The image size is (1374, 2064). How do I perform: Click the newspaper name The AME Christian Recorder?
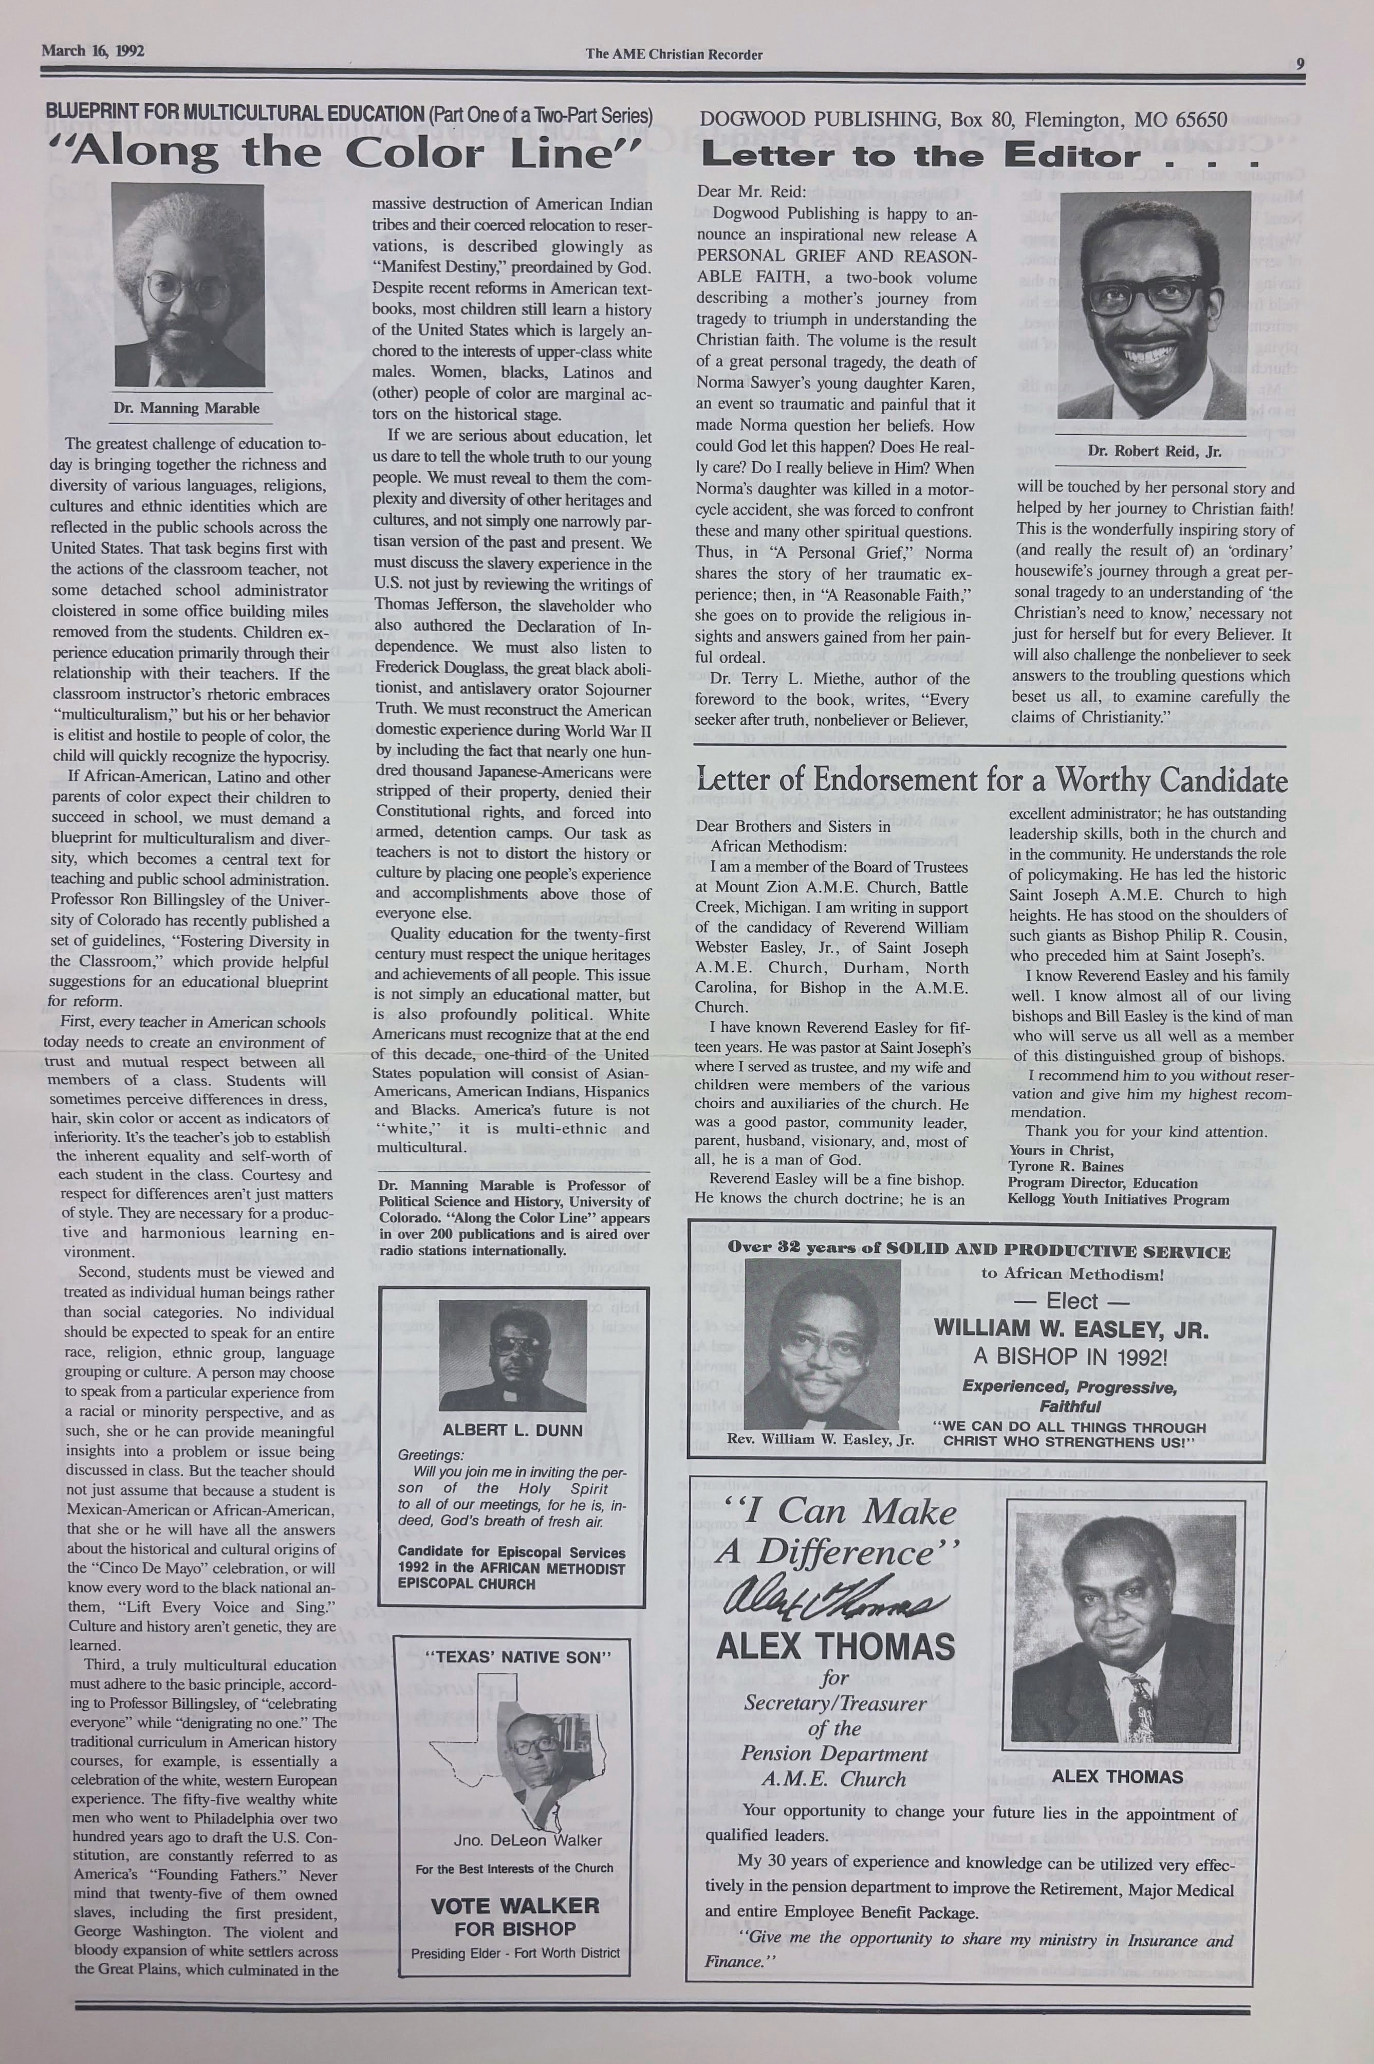click(674, 54)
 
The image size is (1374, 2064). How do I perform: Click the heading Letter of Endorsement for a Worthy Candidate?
click(991, 780)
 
